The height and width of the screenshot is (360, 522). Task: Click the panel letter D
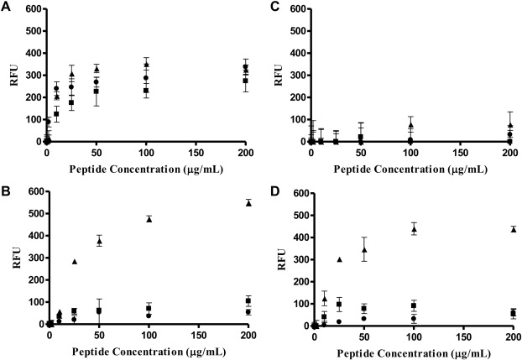tap(270, 189)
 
